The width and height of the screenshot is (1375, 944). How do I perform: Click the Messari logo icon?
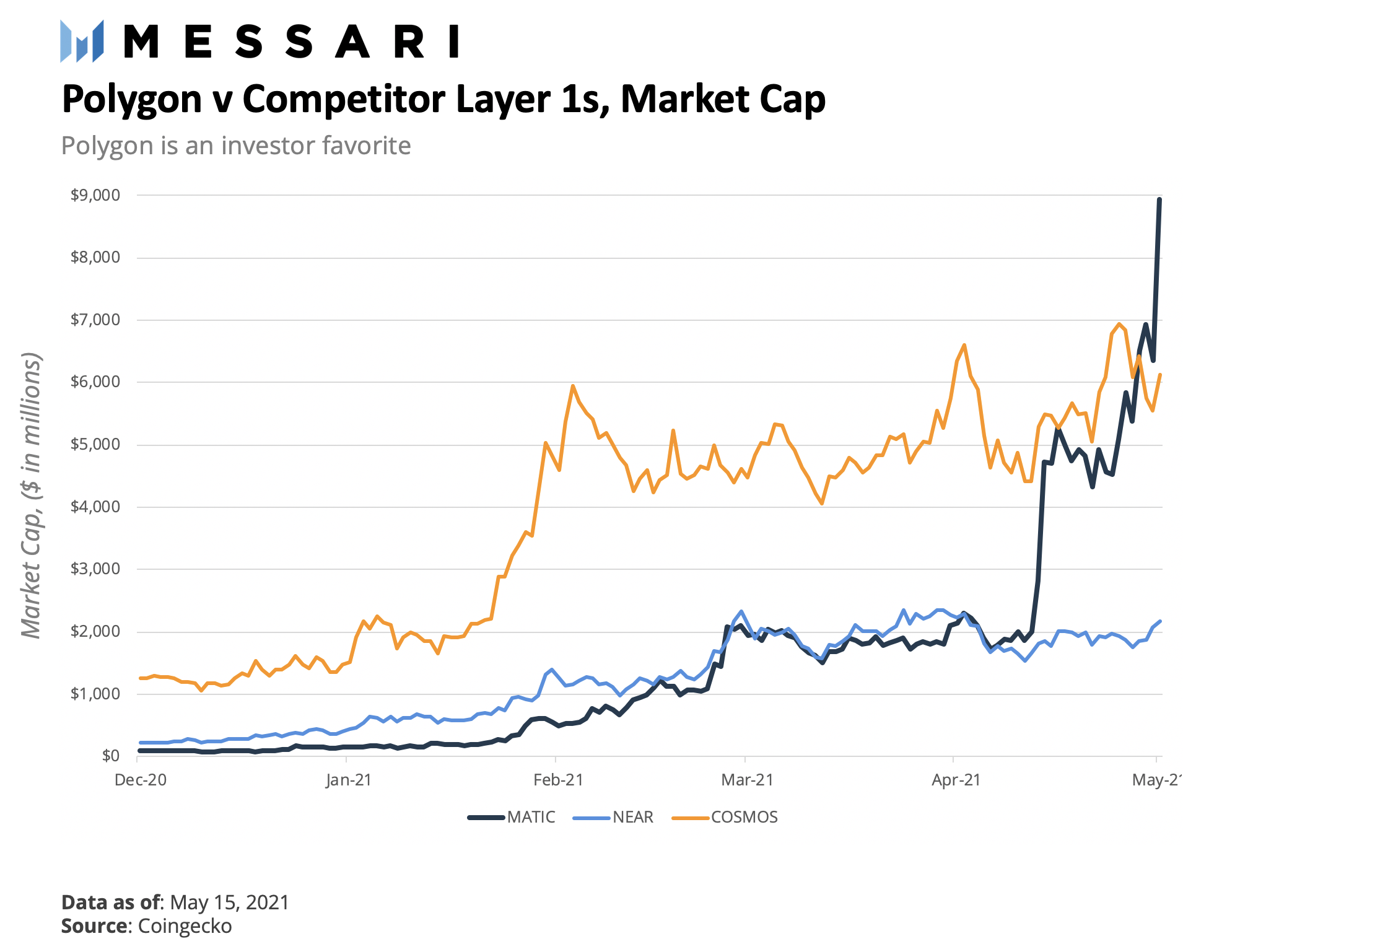pyautogui.click(x=82, y=42)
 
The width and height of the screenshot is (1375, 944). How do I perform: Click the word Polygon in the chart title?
pyautogui.click(x=131, y=99)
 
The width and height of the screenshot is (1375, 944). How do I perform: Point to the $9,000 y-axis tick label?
pyautogui.click(x=95, y=196)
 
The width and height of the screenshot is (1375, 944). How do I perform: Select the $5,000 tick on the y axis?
pyautogui.click(x=95, y=445)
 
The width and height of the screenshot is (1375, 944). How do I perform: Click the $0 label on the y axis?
pyautogui.click(x=111, y=756)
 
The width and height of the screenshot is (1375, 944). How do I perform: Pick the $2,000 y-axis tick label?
pyautogui.click(x=95, y=632)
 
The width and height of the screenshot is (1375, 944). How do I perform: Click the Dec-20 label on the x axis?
pyautogui.click(x=141, y=780)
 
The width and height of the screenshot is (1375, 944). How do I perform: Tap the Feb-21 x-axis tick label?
pyautogui.click(x=558, y=780)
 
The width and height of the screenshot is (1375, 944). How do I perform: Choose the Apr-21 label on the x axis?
pyautogui.click(x=956, y=780)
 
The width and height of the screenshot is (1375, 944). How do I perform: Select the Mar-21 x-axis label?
pyautogui.click(x=747, y=780)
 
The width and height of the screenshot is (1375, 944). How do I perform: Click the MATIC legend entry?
pyautogui.click(x=512, y=818)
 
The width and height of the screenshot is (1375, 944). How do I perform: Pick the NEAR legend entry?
pyautogui.click(x=613, y=818)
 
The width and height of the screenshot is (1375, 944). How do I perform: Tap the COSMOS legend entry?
pyautogui.click(x=725, y=818)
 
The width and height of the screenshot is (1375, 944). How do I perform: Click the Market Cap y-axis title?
pyautogui.click(x=31, y=496)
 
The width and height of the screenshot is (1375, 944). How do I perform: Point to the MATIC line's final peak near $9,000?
pyautogui.click(x=1159, y=199)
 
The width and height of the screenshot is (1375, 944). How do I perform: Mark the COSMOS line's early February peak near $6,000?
pyautogui.click(x=573, y=386)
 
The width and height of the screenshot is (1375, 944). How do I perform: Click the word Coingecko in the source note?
pyautogui.click(x=185, y=926)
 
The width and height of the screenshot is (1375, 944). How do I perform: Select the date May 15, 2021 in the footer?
pyautogui.click(x=229, y=902)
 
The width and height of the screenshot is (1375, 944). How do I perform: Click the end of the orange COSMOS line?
pyautogui.click(x=1159, y=375)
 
